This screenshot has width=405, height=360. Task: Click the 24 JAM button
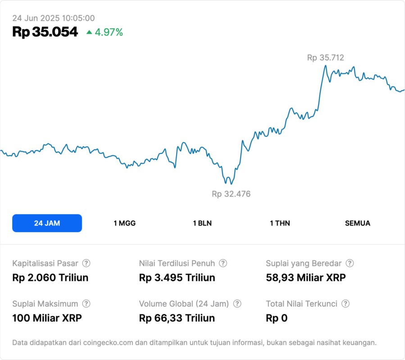coord(47,223)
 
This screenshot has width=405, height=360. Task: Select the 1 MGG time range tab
coord(124,223)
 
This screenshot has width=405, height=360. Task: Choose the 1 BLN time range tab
coord(202,223)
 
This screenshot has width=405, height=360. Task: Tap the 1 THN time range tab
coord(280,223)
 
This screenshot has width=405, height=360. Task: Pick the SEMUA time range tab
coord(358,223)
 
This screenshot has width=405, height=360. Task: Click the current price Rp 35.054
coord(45,32)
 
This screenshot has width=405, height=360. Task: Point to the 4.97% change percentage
coord(109,32)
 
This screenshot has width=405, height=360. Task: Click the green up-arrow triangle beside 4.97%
coord(89,32)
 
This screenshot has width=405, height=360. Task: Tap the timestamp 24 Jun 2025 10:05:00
coord(53,18)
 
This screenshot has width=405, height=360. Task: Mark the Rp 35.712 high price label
coord(325,58)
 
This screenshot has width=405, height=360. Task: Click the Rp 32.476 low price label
coord(231,194)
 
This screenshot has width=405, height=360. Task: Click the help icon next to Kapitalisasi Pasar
coord(86,263)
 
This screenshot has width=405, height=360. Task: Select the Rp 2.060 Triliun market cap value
coord(50,278)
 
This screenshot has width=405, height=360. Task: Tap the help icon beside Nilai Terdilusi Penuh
coord(223,263)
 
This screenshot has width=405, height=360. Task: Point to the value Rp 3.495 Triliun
coord(177,278)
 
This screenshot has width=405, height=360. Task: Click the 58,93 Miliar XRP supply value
coord(306,278)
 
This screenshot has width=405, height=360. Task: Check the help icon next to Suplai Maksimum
coord(86,304)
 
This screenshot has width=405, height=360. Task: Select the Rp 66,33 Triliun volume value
coord(177,318)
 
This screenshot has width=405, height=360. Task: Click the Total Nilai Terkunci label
coord(302,304)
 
